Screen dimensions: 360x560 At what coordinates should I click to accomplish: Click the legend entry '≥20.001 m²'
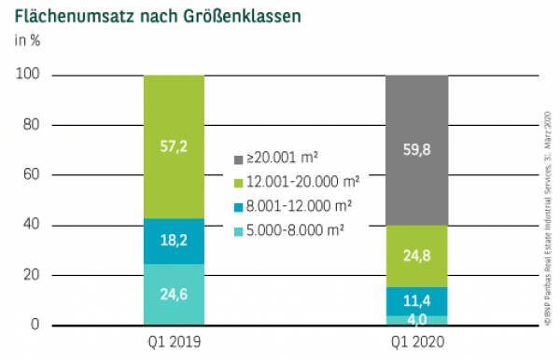[x=286, y=157]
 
